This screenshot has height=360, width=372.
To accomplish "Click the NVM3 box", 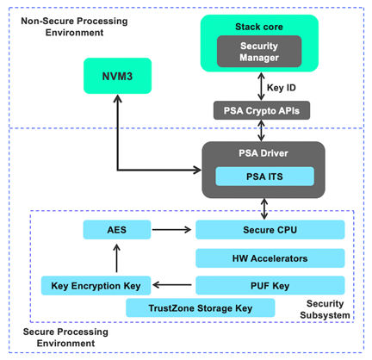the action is pyautogui.click(x=117, y=76).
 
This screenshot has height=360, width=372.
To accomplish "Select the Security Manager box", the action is pyautogui.click(x=259, y=52).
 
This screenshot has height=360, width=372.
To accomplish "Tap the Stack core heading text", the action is pyautogui.click(x=259, y=27).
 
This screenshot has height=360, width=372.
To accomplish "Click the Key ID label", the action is pyautogui.click(x=281, y=88).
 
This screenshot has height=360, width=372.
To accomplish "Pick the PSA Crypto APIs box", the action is pyautogui.click(x=262, y=110).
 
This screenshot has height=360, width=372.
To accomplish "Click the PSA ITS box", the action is pyautogui.click(x=264, y=177).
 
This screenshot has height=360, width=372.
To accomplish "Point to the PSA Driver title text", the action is pyautogui.click(x=263, y=153).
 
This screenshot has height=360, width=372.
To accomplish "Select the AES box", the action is pyautogui.click(x=117, y=230).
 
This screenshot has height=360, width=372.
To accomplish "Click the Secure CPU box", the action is pyautogui.click(x=270, y=230).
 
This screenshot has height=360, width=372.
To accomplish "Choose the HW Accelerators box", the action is pyautogui.click(x=270, y=258).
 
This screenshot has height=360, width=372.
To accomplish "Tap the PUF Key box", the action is pyautogui.click(x=270, y=285).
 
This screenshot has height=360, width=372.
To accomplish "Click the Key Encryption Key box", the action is pyautogui.click(x=96, y=285).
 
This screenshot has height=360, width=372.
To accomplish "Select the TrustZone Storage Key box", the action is pyautogui.click(x=201, y=307).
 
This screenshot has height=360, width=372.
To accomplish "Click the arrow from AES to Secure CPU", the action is pyautogui.click(x=171, y=230).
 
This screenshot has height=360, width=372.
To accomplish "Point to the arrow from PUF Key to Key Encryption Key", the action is pyautogui.click(x=172, y=285).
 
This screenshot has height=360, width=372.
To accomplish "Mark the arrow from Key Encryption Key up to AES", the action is pyautogui.click(x=116, y=258).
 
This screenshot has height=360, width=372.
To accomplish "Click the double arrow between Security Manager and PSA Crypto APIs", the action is pyautogui.click(x=261, y=86).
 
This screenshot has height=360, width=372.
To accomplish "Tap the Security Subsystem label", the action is pyautogui.click(x=325, y=309).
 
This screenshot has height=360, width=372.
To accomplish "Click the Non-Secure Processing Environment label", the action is pyautogui.click(x=74, y=27).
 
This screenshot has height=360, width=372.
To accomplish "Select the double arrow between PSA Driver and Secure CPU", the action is pyautogui.click(x=264, y=209).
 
